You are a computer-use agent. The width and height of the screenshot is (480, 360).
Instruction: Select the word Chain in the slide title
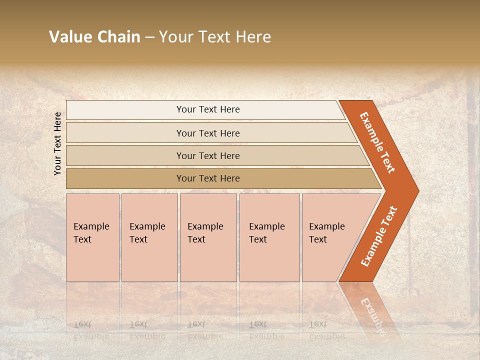click(118, 37)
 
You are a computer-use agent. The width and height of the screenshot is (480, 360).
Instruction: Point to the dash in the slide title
click(149, 37)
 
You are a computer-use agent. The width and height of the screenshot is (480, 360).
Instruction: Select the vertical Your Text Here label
click(57, 143)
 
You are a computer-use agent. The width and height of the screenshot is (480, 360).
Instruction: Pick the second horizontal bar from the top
click(207, 133)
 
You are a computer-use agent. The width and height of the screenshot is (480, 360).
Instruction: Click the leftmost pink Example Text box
click(92, 237)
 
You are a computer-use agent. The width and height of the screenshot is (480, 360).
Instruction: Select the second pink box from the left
click(149, 237)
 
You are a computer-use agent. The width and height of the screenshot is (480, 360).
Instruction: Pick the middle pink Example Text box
click(208, 237)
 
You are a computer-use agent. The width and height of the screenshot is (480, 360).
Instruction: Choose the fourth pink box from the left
click(269, 237)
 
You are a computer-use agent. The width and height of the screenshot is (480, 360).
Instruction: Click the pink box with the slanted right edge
click(332, 237)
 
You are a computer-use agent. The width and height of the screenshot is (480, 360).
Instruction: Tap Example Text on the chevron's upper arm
click(377, 142)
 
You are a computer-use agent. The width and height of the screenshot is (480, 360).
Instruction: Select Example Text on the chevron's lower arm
click(379, 236)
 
